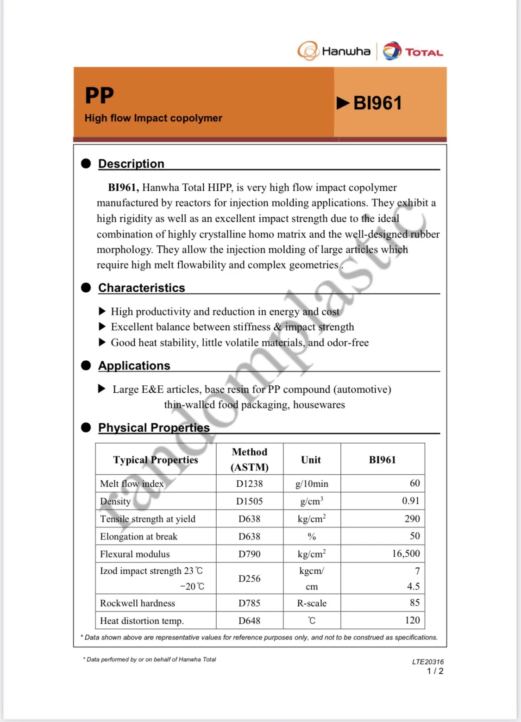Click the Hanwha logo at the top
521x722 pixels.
[x=334, y=51]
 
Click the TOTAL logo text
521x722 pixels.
[x=424, y=52]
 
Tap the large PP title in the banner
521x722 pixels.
[x=99, y=95]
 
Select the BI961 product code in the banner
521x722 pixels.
[x=377, y=103]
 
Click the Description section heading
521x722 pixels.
[x=131, y=163]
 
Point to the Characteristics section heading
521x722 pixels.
[x=141, y=288]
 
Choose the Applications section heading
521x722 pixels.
[x=134, y=365]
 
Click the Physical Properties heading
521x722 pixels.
[x=154, y=427]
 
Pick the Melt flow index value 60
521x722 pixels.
[x=414, y=483]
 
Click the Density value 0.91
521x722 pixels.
[x=410, y=501]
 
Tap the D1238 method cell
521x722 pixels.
[x=249, y=483]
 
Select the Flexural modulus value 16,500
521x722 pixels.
[x=406, y=553]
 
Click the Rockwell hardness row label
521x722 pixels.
[x=138, y=603]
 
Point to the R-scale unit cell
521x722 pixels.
[x=312, y=603]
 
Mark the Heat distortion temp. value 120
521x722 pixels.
[x=412, y=620]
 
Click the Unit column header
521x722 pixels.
[x=311, y=459]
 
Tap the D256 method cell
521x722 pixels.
[x=249, y=578]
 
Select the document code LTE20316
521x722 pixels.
[x=427, y=662]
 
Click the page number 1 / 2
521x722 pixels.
[x=435, y=671]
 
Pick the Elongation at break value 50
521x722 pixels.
[x=414, y=536]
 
